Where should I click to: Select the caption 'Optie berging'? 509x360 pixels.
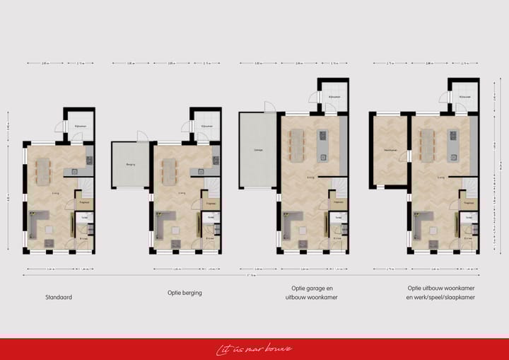tap(184, 292)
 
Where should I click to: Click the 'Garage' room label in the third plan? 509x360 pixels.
tap(258, 151)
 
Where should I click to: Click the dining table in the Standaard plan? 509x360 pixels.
tap(44, 168)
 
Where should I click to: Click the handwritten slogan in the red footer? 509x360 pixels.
tap(255, 348)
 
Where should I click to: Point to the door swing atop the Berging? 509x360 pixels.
tap(142, 136)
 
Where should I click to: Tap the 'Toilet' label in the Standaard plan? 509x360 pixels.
tap(83, 217)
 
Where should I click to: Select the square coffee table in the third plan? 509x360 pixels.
tap(304, 229)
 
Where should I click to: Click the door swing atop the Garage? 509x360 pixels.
tap(269, 107)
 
